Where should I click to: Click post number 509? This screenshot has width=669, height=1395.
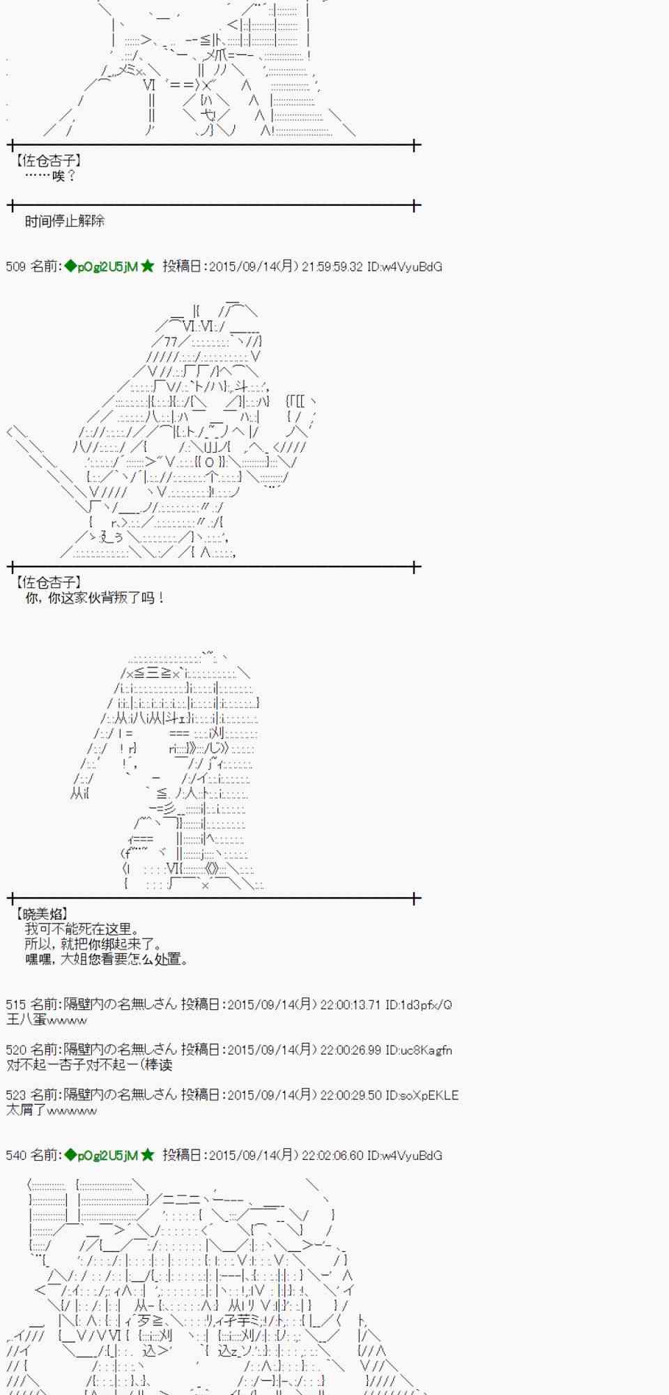pos(15,266)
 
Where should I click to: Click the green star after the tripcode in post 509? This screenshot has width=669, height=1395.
pos(148,266)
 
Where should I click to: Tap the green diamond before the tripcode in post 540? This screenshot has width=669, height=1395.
pos(70,1155)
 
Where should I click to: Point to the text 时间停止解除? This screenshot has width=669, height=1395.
pos(65,221)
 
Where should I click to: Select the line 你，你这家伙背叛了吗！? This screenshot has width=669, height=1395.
pos(95,598)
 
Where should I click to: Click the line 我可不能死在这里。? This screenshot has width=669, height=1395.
pos(82,929)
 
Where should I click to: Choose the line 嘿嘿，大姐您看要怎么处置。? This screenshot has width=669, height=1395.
pos(107,960)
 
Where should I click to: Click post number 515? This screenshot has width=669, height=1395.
pos(15,1004)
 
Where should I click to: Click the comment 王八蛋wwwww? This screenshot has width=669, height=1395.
pos(47,1020)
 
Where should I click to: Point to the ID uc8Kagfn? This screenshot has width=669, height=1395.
pos(425,1050)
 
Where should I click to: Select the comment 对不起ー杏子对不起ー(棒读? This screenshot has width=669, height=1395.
pos(89,1065)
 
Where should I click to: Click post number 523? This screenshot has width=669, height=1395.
pos(15,1095)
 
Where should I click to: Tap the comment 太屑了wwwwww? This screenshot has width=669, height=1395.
pos(52,1110)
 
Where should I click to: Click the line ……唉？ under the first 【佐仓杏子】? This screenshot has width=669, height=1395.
pos(50,176)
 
